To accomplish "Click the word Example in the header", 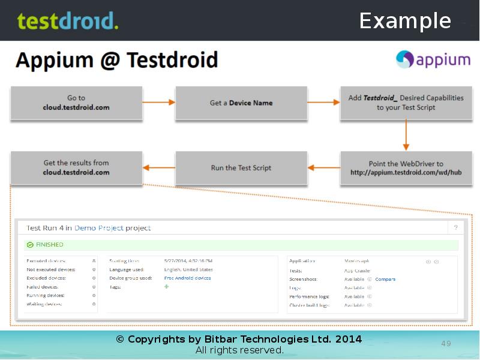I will (405, 21).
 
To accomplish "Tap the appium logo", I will (433, 60).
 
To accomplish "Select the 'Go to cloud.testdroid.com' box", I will (76, 103).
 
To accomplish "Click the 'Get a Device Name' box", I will (241, 103).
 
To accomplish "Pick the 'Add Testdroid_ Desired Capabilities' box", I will (406, 103).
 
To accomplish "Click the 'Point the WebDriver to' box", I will (406, 168).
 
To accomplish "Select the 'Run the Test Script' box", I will (241, 168).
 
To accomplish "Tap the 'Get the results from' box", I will (76, 167).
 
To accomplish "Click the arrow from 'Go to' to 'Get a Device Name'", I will (159, 103).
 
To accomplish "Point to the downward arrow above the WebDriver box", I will (406, 135).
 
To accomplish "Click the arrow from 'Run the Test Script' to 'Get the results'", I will (159, 168).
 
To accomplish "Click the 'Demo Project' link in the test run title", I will (99, 228).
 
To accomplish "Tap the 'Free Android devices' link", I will (187, 278).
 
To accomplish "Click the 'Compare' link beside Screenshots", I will (385, 279).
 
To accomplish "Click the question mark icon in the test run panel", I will (455, 228).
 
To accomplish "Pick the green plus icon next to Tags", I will (167, 287).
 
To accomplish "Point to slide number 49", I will (446, 344).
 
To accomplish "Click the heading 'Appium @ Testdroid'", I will (116, 60).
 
